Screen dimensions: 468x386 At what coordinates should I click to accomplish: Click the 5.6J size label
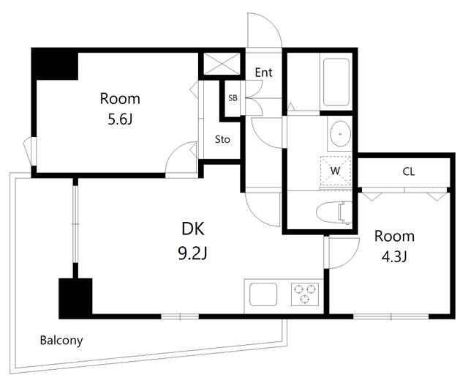pos(120,119)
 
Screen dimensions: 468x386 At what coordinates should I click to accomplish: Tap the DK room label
pos(193,229)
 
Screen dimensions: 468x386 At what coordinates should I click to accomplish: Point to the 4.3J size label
pos(394,256)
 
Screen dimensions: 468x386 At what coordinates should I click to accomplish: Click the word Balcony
pos(61,341)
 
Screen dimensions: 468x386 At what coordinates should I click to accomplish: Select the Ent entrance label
pos(263,73)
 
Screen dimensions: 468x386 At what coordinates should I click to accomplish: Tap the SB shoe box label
pos(233,97)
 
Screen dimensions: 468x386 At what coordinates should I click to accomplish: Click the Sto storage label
pos(222,139)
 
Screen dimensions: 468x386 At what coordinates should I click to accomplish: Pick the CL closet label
pos(409,171)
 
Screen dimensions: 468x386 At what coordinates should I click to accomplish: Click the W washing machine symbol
pos(336,171)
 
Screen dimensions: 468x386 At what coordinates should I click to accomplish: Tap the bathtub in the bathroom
pos(336,82)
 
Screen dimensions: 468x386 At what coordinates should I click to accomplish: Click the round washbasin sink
pos(340,133)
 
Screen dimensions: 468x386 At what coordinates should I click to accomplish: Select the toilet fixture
pos(334,212)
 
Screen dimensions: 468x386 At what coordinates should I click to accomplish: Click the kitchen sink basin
pos(263,294)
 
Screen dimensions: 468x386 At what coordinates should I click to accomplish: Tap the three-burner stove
pos(305,294)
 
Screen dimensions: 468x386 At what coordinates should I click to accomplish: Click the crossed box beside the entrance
pos(223,64)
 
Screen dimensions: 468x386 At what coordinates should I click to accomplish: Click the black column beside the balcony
pos(75,298)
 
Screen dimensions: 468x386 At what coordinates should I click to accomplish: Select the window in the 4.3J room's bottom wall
pos(391,316)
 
